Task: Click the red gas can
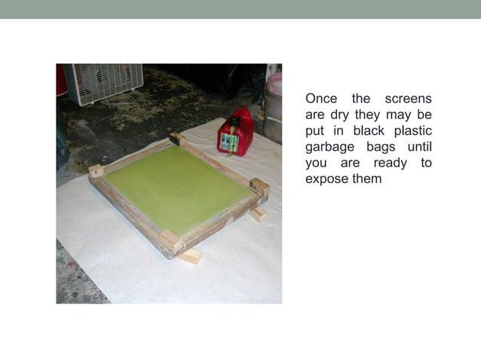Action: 235,133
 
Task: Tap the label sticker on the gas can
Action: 228,141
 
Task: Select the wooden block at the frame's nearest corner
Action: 170,242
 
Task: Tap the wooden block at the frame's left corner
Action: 96,171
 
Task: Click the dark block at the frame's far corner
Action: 177,139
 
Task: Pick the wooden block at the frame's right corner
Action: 259,187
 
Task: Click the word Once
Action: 321,99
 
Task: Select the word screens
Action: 408,99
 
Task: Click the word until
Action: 420,147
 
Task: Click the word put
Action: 314,131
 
